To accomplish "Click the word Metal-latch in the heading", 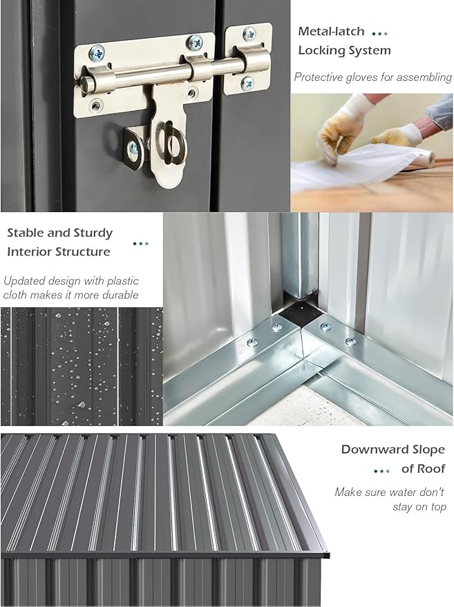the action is [x=331, y=31].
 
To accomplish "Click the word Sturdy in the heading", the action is [x=93, y=233].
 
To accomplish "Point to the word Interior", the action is [x=30, y=251].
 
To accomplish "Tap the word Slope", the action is [x=427, y=450].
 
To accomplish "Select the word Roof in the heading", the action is [x=431, y=469].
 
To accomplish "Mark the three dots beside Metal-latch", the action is [x=379, y=34].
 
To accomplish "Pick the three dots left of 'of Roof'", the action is [x=382, y=471].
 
